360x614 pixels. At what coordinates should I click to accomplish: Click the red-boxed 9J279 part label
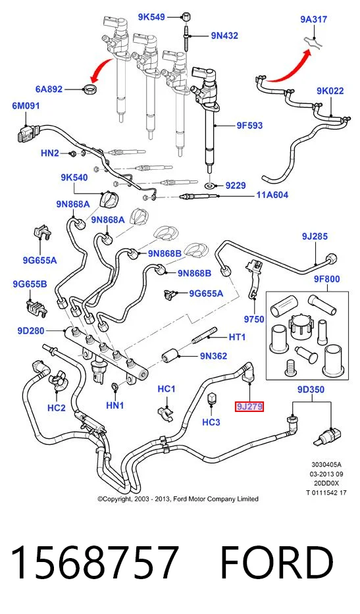pos(249,407)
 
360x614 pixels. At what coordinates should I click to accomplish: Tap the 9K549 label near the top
pos(151,17)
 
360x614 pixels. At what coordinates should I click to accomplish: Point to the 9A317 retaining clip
pos(313,42)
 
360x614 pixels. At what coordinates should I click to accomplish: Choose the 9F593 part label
pos(249,126)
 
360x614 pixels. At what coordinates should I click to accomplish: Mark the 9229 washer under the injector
pos(211,185)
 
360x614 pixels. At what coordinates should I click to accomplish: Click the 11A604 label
pos(272,195)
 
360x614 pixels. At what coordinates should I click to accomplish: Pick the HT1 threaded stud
pos(205,336)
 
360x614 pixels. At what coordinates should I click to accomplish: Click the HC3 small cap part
pos(211,397)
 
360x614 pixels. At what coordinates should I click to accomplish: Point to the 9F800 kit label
pos(326,279)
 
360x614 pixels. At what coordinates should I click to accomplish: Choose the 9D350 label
pos(311,390)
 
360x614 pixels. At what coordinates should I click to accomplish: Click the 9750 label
pos(254,319)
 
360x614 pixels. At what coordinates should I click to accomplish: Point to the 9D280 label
pos(30,331)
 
